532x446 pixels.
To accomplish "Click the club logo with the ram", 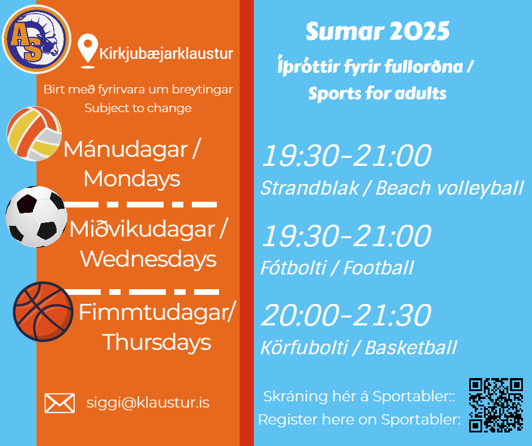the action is (x=37, y=40).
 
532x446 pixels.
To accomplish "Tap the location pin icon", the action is (x=88, y=51).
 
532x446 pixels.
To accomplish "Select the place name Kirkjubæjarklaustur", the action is (x=166, y=54).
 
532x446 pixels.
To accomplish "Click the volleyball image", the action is (x=35, y=134).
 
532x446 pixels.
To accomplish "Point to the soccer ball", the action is (x=36, y=217).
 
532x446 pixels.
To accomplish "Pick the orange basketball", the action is (x=43, y=312).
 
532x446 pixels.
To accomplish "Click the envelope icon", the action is (x=60, y=403).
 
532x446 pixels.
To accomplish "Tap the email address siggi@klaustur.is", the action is (x=148, y=403).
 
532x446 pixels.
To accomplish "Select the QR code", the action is (x=496, y=405).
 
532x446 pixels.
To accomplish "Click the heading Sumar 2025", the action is (x=377, y=31).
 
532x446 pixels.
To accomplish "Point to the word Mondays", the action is (x=132, y=178).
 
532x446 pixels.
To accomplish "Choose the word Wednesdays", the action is (x=148, y=259).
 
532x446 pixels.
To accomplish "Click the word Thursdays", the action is (x=156, y=341).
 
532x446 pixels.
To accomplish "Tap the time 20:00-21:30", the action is (x=346, y=315).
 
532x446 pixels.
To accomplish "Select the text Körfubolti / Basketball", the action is (x=358, y=348).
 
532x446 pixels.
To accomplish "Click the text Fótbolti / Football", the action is (x=337, y=268).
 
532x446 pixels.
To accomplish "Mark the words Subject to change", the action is (x=138, y=108).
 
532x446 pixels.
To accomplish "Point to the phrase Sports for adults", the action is (x=377, y=93).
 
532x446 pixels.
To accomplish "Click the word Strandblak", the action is (x=310, y=188).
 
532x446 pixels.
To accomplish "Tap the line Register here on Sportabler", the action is (x=359, y=420).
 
